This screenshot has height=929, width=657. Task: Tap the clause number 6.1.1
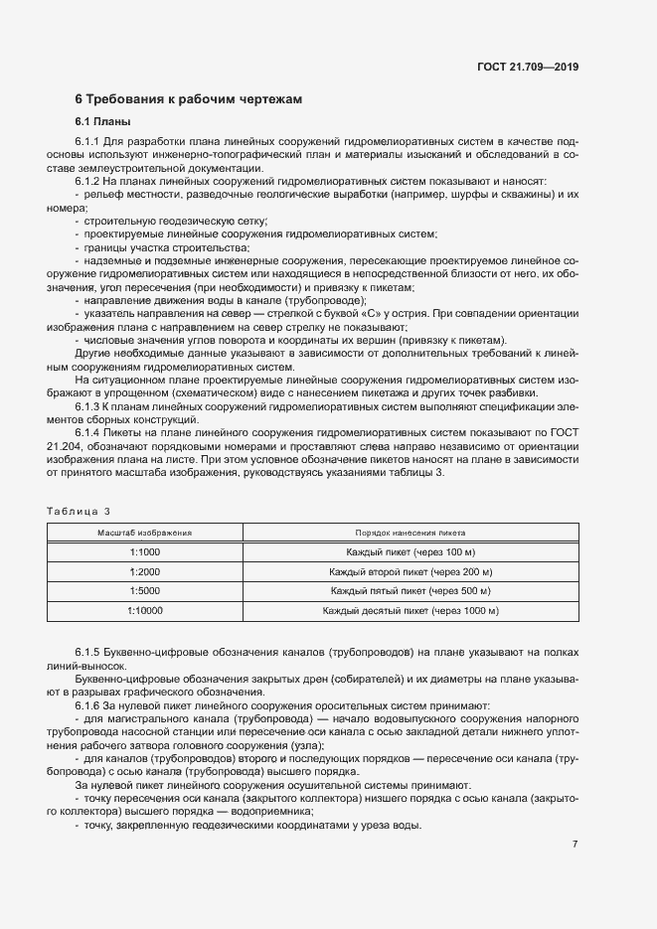(88, 144)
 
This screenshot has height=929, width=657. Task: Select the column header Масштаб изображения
(144, 533)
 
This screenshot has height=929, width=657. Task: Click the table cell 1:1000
(144, 552)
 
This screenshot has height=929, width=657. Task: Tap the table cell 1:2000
(144, 571)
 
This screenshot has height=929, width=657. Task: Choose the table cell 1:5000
(144, 591)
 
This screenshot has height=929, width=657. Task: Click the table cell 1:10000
(144, 610)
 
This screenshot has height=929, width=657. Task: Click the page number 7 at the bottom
(575, 845)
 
